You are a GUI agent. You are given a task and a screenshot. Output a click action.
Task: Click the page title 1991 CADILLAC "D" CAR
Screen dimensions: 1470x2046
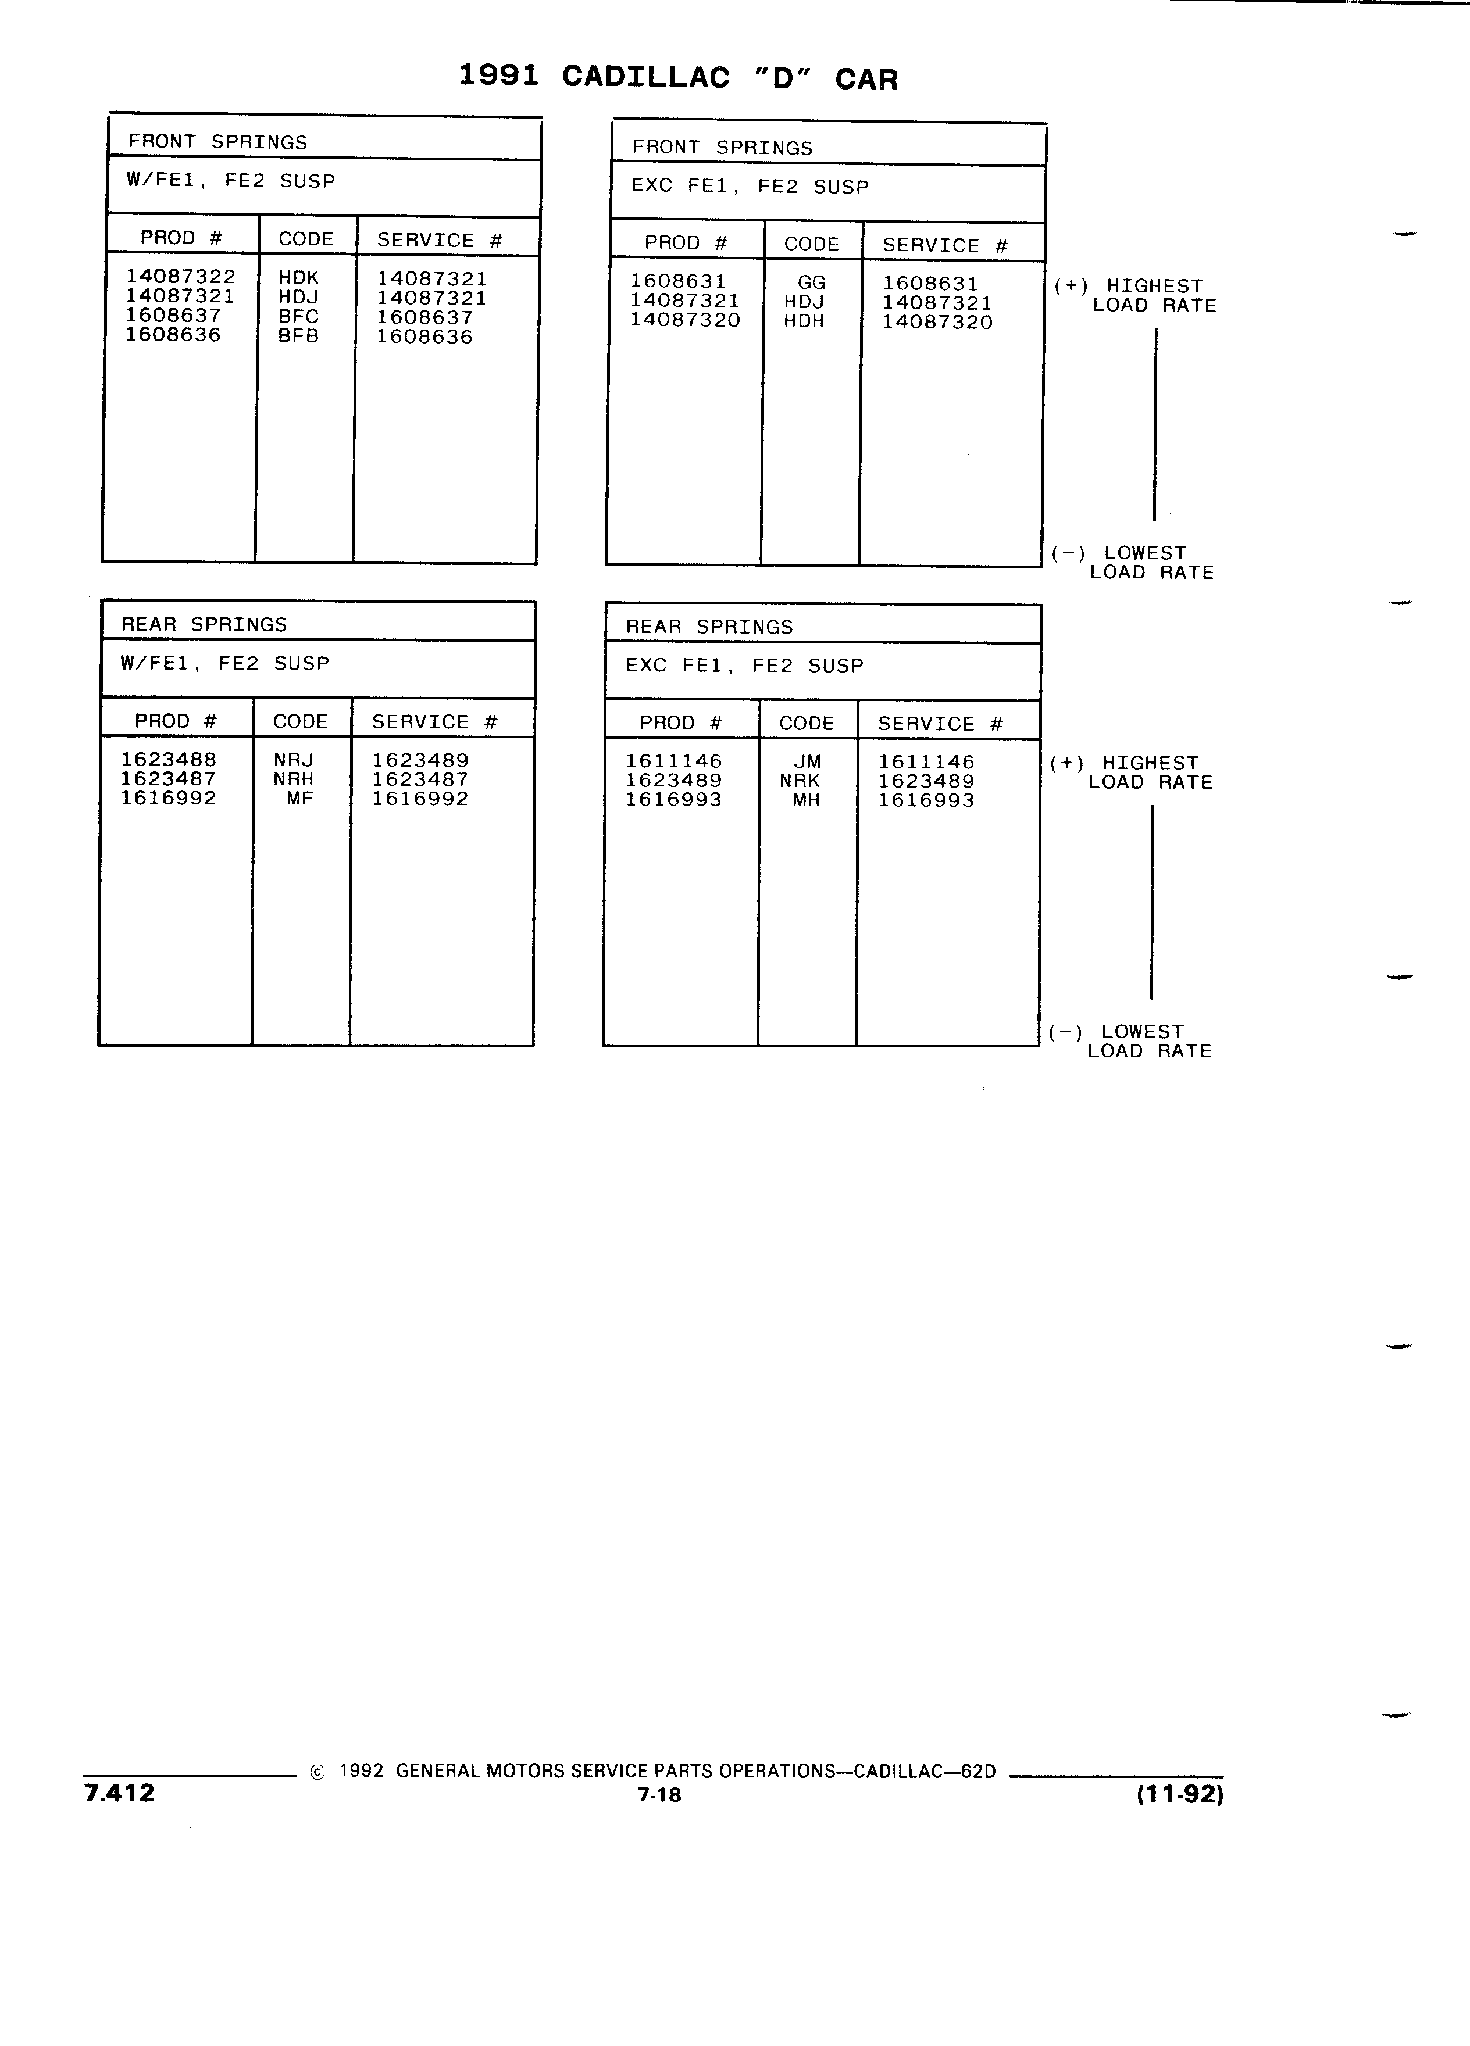tap(679, 77)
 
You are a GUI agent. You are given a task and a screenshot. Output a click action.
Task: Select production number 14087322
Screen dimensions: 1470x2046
tap(180, 276)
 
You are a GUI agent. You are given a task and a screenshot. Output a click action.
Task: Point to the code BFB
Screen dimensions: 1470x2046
tap(299, 335)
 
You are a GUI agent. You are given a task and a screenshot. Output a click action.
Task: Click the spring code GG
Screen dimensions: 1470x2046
tap(811, 282)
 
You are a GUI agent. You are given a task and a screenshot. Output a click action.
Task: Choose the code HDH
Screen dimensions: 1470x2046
tap(804, 321)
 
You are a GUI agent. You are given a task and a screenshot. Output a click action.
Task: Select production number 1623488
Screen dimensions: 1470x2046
tap(169, 760)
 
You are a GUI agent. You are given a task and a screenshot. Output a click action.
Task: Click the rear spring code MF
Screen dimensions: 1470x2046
tap(299, 799)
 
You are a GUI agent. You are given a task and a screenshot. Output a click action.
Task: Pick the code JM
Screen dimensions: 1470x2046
tap(808, 762)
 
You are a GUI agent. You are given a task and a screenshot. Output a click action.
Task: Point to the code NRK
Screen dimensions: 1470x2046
tap(801, 781)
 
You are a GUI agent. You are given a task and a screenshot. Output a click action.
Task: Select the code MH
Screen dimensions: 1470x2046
tap(806, 800)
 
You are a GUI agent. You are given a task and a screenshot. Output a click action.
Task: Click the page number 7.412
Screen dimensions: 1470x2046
tap(119, 1793)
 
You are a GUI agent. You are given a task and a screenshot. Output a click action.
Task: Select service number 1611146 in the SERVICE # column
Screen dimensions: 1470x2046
tap(927, 762)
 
